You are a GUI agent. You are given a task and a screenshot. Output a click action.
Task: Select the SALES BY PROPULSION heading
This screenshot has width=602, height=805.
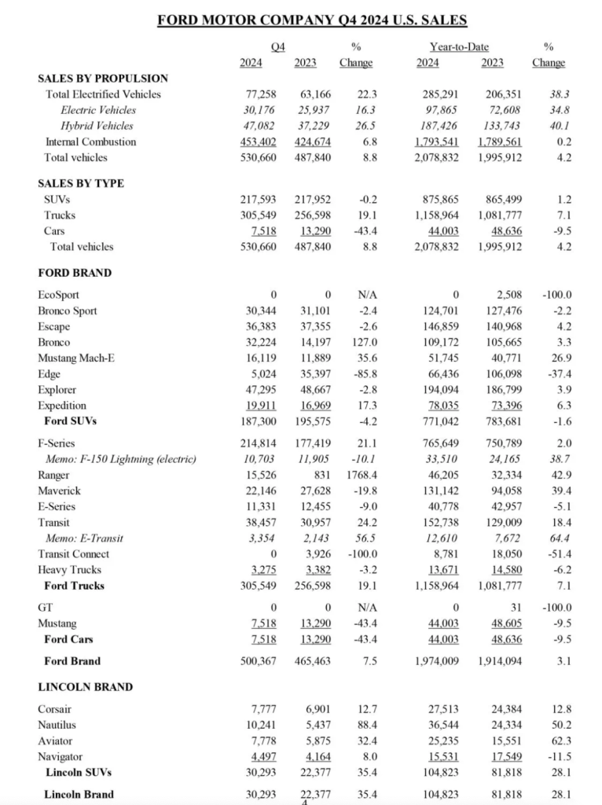pyautogui.click(x=103, y=78)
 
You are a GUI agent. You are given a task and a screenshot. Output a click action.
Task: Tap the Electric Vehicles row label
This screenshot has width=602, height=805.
pyautogui.click(x=98, y=110)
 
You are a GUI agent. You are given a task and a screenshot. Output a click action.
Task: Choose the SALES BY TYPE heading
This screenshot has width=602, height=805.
pyautogui.click(x=81, y=183)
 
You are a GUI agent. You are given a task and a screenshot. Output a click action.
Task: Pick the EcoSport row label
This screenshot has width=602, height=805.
pyautogui.click(x=59, y=295)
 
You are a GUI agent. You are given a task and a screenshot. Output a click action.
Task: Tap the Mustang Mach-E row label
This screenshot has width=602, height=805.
pyautogui.click(x=76, y=358)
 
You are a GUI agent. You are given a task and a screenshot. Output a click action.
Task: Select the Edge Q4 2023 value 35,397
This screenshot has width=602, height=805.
pyautogui.click(x=314, y=374)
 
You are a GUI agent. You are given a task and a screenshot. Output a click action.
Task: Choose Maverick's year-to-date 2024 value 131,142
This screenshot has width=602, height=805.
pyautogui.click(x=442, y=491)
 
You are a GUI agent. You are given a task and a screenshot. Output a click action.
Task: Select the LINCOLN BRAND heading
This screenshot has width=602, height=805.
pyautogui.click(x=85, y=687)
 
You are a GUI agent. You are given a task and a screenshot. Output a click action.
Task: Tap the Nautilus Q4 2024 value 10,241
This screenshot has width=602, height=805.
pyautogui.click(x=259, y=725)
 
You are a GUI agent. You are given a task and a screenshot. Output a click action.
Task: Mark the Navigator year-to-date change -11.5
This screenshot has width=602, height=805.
pyautogui.click(x=555, y=756)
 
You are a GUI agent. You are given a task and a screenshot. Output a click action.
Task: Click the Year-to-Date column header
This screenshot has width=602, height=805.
pyautogui.click(x=460, y=47)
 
